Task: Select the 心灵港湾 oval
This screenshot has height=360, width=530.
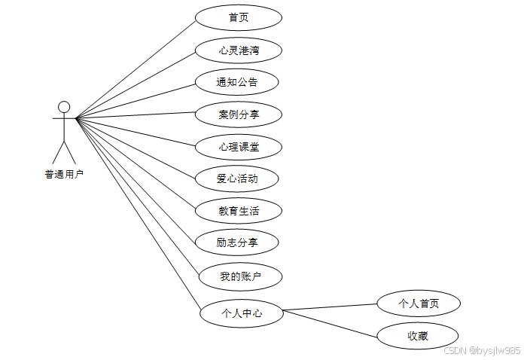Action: tap(239, 50)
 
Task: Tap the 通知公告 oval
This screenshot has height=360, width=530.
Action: tap(237, 82)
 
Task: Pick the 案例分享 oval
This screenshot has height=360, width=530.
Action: tap(239, 114)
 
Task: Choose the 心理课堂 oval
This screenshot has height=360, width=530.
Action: tap(239, 146)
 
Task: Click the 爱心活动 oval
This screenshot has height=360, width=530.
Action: tap(237, 178)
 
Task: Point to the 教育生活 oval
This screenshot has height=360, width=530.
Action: tap(239, 211)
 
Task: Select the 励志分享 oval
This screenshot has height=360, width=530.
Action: tap(237, 243)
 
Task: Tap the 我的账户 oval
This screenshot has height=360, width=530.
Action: tap(240, 276)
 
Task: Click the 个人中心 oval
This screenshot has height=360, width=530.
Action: tap(242, 313)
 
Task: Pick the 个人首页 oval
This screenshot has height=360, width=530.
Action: tap(419, 304)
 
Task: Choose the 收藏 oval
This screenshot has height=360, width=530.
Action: tap(418, 336)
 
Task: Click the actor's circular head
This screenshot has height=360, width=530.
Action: tap(65, 106)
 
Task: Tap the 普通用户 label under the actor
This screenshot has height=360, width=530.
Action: tap(64, 175)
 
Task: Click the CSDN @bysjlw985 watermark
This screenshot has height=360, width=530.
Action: tap(482, 350)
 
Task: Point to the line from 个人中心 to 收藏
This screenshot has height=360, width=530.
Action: tap(331, 325)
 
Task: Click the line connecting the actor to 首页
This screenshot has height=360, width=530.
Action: tap(136, 69)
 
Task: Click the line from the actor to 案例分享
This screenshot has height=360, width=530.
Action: tap(136, 115)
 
